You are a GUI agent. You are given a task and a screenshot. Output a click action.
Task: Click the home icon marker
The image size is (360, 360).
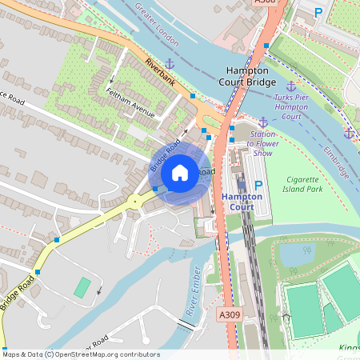click(x=180, y=172)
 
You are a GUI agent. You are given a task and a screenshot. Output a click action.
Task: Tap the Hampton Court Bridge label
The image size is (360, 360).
click(x=248, y=76)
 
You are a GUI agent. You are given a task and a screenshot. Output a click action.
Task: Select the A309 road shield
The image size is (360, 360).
click(x=230, y=317)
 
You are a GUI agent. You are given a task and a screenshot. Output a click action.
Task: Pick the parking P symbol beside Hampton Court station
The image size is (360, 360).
click(x=258, y=186)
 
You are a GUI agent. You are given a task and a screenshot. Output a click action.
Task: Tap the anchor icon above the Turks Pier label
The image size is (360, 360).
click(x=290, y=86)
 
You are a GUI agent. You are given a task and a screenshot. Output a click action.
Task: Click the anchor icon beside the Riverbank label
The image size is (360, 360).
click(x=170, y=63)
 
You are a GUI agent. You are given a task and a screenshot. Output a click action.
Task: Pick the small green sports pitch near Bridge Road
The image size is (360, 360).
click(x=82, y=287)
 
